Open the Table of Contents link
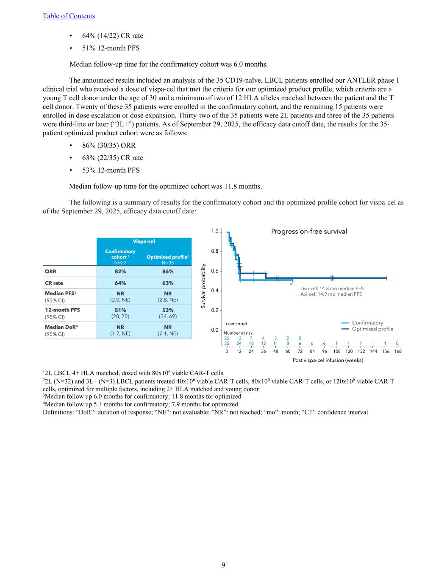click(69, 16)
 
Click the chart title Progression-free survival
click(308, 232)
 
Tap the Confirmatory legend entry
click(367, 323)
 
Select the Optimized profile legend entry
click(372, 329)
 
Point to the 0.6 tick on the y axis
click(215, 271)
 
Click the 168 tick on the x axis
click(397, 351)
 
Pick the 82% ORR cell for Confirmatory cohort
click(120, 271)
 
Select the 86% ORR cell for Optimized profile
click(168, 271)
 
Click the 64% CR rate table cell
click(120, 283)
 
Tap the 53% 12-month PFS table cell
click(168, 310)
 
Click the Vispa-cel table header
click(144, 241)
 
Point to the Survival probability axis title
click(203, 286)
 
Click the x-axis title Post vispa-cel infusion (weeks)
click(328, 360)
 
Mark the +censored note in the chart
click(236, 324)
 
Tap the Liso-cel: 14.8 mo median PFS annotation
click(332, 288)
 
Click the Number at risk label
click(238, 333)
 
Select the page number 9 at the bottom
click(223, 565)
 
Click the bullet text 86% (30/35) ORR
click(109, 145)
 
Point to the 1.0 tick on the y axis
click(215, 232)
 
